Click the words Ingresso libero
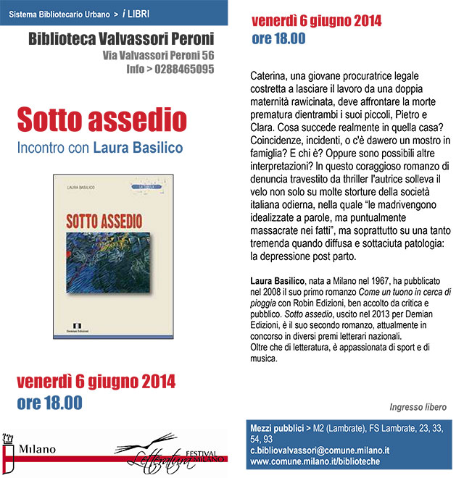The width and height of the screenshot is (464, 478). click(418, 406)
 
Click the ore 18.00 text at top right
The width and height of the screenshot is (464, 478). click(278, 39)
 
